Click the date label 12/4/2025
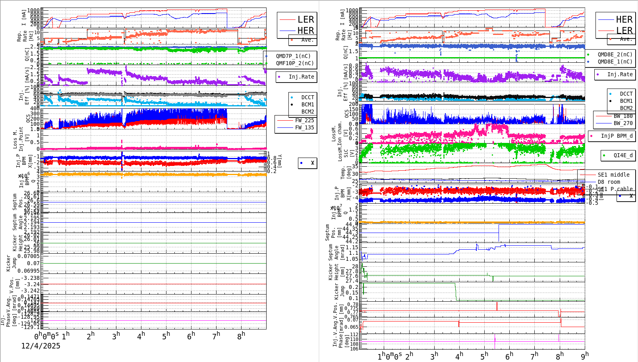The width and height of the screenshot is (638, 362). (41, 346)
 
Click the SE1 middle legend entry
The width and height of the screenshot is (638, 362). (613, 175)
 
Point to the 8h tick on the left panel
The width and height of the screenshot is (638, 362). (241, 335)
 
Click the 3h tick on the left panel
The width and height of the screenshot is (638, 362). (116, 336)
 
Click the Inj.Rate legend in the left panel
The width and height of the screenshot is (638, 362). (301, 77)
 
